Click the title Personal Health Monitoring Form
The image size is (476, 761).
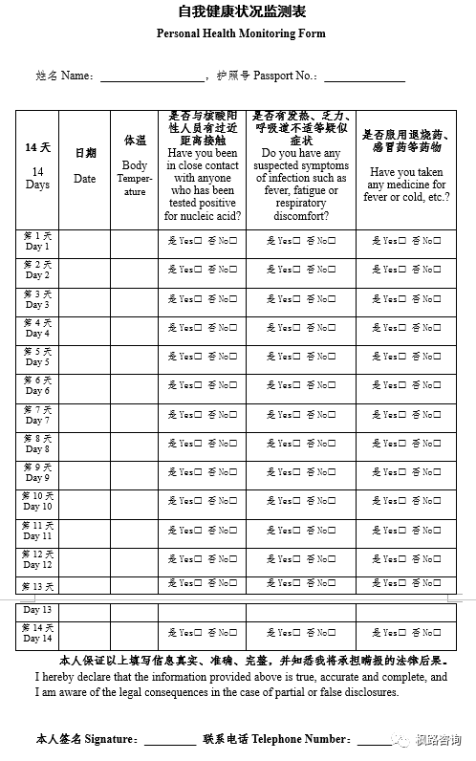click(241, 33)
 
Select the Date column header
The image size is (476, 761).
click(85, 170)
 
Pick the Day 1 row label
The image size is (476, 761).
click(37, 242)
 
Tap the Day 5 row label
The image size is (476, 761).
click(37, 358)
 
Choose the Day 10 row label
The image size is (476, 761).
click(37, 502)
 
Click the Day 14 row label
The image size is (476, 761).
click(37, 633)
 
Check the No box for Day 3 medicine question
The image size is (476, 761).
click(436, 299)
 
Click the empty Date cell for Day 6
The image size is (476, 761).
click(85, 386)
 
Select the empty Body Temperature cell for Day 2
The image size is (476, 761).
click(135, 271)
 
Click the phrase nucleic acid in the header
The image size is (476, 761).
click(210, 216)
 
